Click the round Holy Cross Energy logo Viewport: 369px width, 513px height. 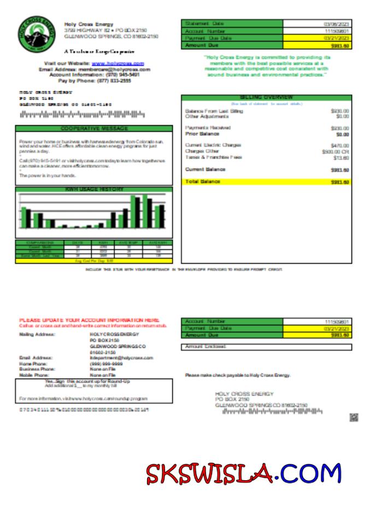(x=36, y=34)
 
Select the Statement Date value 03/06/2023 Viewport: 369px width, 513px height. (x=336, y=24)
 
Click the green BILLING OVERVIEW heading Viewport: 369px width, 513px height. (x=266, y=97)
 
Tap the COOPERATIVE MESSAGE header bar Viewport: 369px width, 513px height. (x=94, y=129)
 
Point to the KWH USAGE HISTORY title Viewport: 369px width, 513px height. (x=94, y=189)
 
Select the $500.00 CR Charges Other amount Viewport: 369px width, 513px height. (x=336, y=151)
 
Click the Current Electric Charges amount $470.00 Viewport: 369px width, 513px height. (x=339, y=145)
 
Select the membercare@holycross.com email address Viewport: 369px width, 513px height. (x=114, y=70)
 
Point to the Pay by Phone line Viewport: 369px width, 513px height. (x=94, y=81)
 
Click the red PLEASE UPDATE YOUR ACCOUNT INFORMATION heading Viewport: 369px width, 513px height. (x=89, y=320)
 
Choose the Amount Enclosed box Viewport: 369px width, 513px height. (x=266, y=347)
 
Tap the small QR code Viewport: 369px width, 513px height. (x=354, y=417)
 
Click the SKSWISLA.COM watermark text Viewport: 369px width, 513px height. (x=243, y=474)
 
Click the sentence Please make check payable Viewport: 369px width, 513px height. (x=237, y=375)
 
